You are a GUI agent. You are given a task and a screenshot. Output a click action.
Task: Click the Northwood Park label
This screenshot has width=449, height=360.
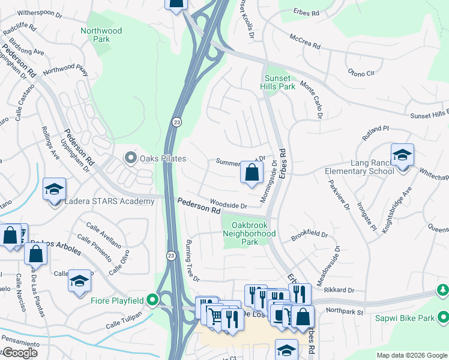tap(101, 35)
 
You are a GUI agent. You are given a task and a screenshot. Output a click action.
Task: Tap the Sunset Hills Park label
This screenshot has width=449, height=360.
tap(280, 82)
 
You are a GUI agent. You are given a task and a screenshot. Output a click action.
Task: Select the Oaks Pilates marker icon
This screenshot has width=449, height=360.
tap(130, 158)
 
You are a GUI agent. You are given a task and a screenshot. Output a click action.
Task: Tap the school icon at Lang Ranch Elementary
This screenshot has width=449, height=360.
tap(402, 155)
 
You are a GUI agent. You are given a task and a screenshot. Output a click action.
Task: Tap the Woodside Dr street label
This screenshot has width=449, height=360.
tap(228, 205)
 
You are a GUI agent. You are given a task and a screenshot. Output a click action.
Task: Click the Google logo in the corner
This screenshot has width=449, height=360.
tap(20, 353)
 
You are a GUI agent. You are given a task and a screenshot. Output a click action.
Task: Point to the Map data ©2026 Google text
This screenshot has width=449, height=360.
tap(412, 355)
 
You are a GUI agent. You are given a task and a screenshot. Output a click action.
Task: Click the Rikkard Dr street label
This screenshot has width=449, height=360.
tap(339, 290)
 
